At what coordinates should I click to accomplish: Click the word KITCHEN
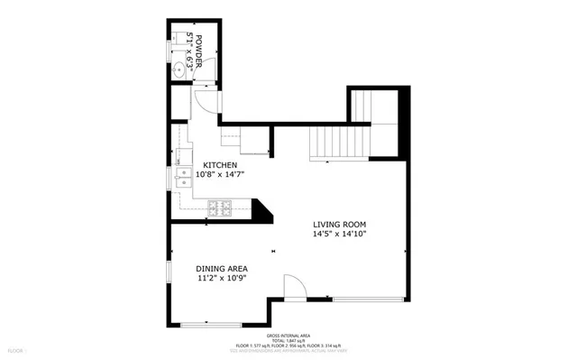click(219, 164)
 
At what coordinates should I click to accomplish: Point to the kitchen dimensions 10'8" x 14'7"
click(220, 174)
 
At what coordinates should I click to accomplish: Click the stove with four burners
click(220, 209)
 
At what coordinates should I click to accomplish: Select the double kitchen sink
click(184, 178)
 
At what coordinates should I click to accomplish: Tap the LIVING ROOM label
click(339, 224)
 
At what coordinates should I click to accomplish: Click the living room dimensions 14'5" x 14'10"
click(339, 234)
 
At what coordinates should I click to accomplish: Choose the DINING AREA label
click(222, 268)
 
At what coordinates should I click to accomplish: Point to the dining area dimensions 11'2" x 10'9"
click(222, 278)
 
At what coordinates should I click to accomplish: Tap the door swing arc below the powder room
click(206, 102)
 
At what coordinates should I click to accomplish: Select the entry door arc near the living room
click(294, 286)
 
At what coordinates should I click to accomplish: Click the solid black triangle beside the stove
click(261, 212)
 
